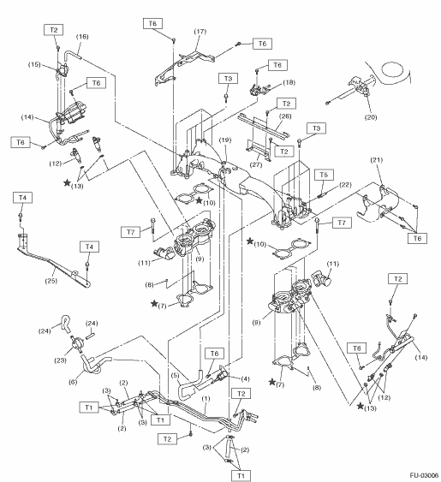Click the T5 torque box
pos(325,175)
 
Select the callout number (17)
pos(200,32)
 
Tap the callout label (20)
pos(371,117)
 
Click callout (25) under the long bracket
pos(51,281)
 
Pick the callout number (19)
pos(225,140)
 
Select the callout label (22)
pos(345,185)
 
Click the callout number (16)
pos(82,37)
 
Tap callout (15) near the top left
pos(34,64)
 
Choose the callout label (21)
pos(377,160)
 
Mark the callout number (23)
pos(60,360)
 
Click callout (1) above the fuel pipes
pos(206,399)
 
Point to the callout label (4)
pos(245,379)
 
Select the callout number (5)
pos(175,375)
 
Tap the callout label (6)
pos(73,382)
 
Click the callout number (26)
pos(285,116)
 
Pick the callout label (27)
pos(256,164)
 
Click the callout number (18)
pos(289,82)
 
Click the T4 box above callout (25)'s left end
pos(22,198)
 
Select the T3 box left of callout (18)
pos(228,79)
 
